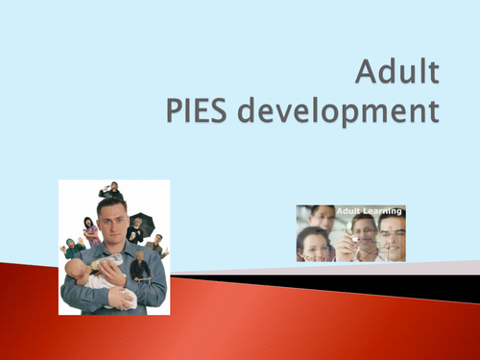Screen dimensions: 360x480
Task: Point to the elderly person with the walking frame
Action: click(x=141, y=266)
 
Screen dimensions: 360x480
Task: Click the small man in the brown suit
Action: click(x=156, y=244)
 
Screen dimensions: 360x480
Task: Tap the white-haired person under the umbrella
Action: click(x=136, y=231)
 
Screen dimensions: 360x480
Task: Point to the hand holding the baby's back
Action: click(x=120, y=297)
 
